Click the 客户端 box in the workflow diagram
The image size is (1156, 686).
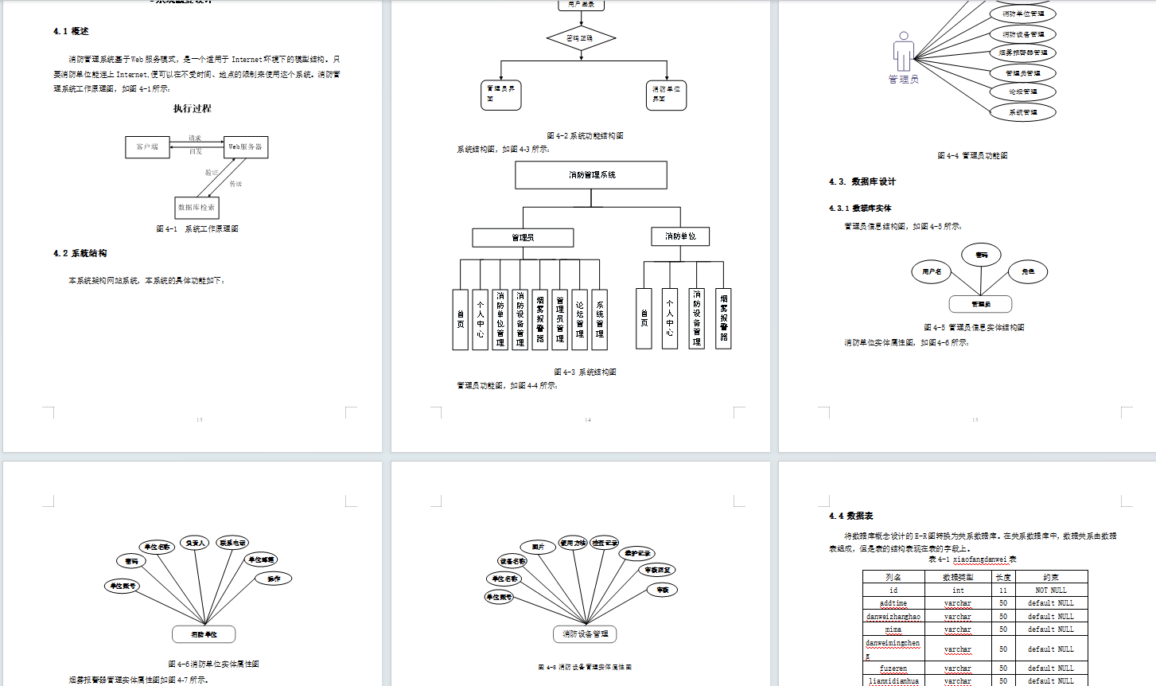coord(147,147)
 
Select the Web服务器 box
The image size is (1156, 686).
coord(246,147)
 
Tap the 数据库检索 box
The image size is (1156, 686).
coord(196,208)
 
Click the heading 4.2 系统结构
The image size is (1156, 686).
coord(80,254)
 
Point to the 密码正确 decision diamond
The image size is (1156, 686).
coord(581,38)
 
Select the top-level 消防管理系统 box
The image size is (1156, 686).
coord(591,175)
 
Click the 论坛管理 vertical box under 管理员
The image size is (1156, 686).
coord(579,319)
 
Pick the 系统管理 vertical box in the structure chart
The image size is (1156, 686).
coord(599,319)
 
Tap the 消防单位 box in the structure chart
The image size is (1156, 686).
coord(680,236)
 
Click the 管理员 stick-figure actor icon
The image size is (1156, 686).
coord(903,53)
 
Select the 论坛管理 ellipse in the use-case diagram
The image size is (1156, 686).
coord(1022,92)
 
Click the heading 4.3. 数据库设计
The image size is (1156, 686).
coord(862,182)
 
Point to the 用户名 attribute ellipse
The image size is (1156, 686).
coord(932,272)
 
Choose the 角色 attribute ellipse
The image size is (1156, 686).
coord(1028,272)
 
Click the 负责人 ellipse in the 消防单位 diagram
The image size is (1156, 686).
coord(195,544)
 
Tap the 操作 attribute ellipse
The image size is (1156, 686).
coord(273,579)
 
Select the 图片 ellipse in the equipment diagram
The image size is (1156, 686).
coord(538,547)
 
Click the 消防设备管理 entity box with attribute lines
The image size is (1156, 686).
coord(585,634)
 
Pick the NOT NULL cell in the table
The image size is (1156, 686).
coord(1050,591)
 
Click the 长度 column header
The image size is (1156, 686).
coord(1003,578)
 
